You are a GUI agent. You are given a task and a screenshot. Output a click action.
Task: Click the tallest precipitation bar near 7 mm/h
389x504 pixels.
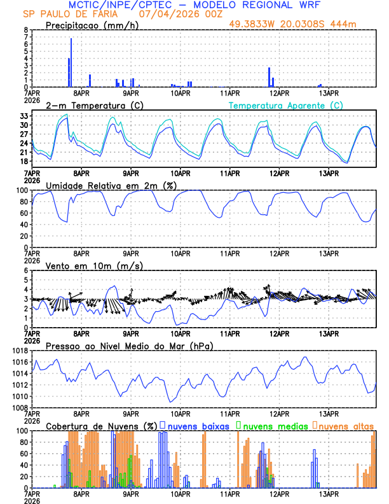tap(71, 62)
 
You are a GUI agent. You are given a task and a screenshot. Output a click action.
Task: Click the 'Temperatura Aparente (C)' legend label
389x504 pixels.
tap(286, 105)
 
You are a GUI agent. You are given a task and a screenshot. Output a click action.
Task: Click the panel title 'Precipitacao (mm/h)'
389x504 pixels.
tap(91, 25)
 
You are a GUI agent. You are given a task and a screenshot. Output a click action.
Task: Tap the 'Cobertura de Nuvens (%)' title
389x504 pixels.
tap(101, 425)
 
